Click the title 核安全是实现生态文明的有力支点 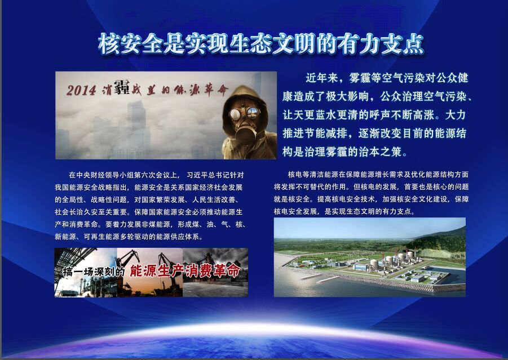261,44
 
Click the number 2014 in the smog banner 81,90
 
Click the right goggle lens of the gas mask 253,112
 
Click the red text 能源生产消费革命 185,271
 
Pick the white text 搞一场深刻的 94,272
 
